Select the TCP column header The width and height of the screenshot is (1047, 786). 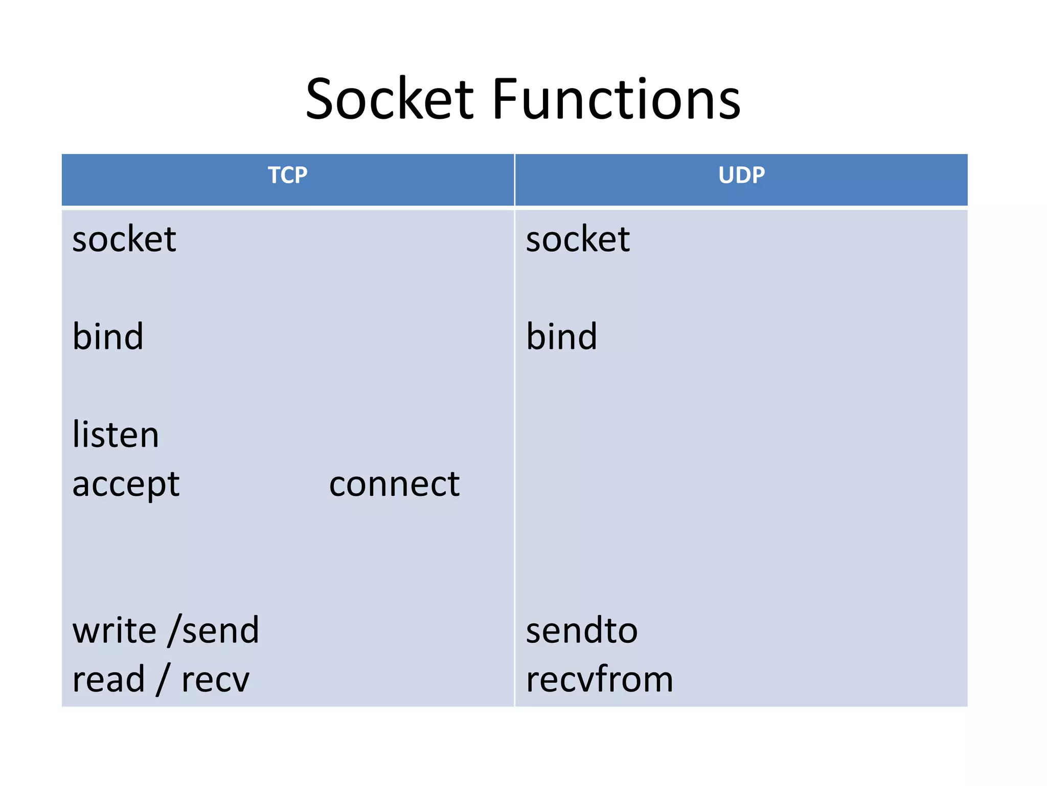[288, 176]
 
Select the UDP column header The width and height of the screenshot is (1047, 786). [741, 176]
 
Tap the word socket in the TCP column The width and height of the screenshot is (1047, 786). [124, 239]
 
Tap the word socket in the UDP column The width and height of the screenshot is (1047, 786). [578, 239]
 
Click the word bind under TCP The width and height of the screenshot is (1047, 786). [108, 337]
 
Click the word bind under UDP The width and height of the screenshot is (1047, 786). [561, 337]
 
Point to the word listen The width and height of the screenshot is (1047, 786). [116, 434]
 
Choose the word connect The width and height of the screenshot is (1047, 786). [394, 484]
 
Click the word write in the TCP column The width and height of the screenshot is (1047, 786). [115, 630]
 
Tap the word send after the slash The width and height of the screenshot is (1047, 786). [221, 630]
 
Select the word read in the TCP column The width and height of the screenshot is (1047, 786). [108, 680]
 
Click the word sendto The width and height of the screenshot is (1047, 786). [582, 630]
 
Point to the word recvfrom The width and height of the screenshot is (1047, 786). [600, 680]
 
